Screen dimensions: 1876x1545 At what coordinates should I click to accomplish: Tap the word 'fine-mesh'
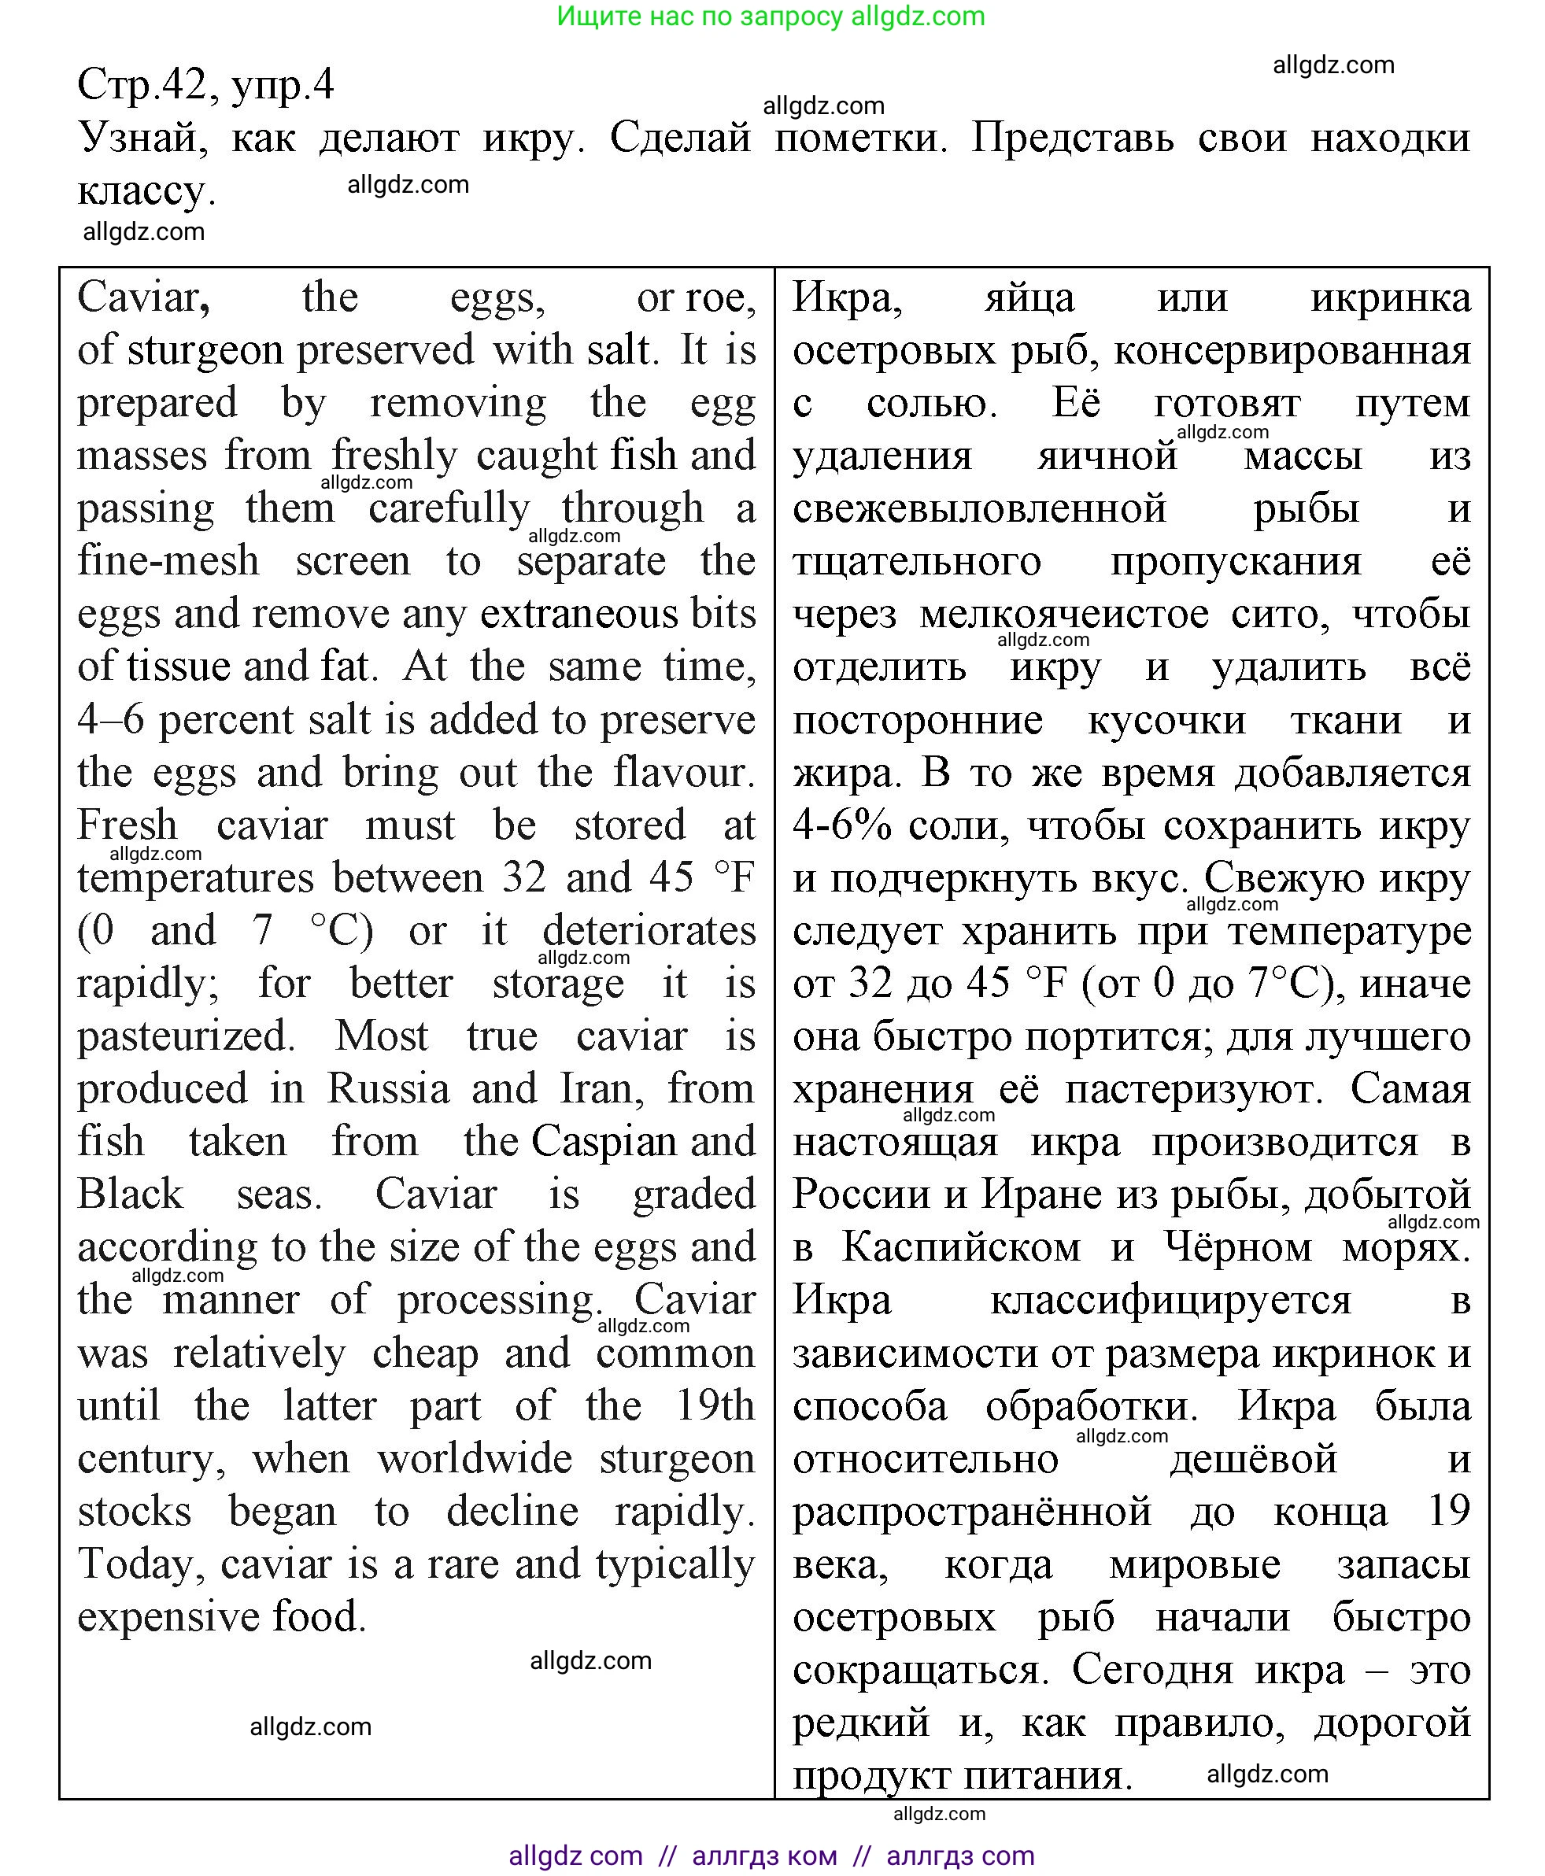click(x=168, y=562)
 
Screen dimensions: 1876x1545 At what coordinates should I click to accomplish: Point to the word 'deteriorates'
click(x=649, y=931)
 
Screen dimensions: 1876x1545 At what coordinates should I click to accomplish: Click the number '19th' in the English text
click(x=715, y=1406)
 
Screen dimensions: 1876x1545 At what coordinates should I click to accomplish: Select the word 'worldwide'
click(x=475, y=1459)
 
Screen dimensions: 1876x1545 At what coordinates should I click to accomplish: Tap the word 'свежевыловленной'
click(x=979, y=509)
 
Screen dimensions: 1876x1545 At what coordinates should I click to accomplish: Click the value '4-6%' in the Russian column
click(x=842, y=826)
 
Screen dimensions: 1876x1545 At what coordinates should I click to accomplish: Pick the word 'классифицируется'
click(x=1170, y=1301)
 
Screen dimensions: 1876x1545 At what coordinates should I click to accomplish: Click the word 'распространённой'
click(x=972, y=1512)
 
